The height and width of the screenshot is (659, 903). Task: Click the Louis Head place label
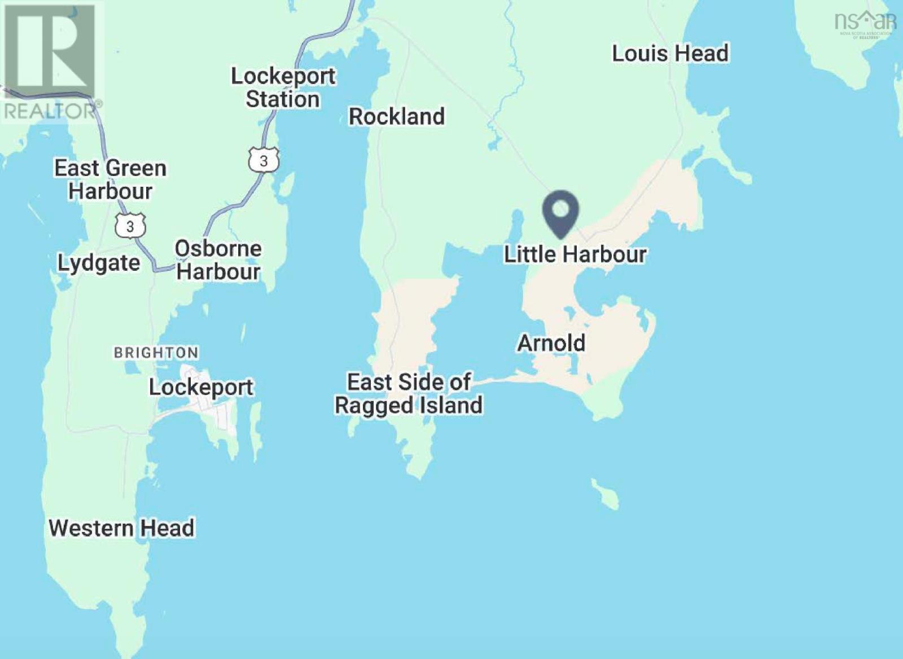[x=670, y=54]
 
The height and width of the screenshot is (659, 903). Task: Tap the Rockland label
[x=397, y=116]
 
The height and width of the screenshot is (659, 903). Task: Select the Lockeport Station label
[x=283, y=87]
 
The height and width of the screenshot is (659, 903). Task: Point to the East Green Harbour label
[x=110, y=179]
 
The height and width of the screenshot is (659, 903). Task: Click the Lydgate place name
[x=99, y=263]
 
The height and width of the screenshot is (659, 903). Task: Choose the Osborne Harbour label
[x=218, y=260]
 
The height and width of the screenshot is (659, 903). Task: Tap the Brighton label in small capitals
[x=156, y=353]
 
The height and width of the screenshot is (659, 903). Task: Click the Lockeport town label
[x=201, y=387]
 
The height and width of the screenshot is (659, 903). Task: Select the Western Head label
[x=121, y=528]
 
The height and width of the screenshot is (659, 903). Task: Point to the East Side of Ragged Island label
[x=409, y=394]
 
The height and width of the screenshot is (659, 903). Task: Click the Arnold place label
[x=551, y=342]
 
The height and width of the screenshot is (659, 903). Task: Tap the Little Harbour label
[x=575, y=254]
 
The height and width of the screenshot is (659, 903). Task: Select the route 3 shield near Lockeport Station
[x=264, y=161]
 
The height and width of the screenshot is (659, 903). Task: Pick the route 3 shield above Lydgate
[x=130, y=226]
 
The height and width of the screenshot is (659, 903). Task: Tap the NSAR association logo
[x=865, y=23]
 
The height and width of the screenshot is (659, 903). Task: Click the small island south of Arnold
[x=605, y=494]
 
